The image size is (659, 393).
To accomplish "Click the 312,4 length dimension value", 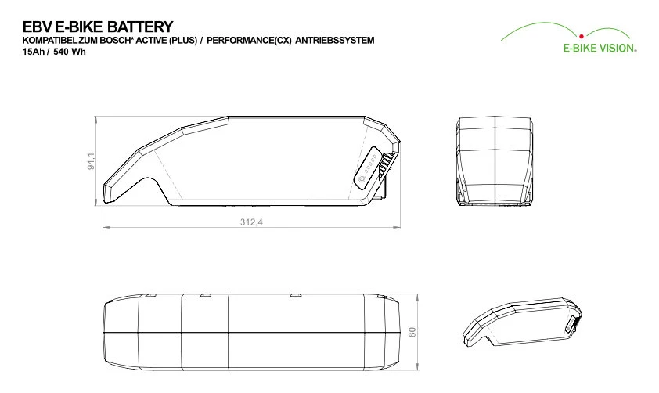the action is (251, 222).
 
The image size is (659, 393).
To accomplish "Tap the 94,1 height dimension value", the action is (92, 161).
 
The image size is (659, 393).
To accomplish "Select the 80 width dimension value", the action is (412, 332).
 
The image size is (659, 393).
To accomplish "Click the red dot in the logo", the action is (582, 37).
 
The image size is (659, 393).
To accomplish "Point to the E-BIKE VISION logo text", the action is (600, 48).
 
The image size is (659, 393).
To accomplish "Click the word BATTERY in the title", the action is (140, 27).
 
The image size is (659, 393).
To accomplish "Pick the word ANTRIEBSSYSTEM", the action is (334, 41).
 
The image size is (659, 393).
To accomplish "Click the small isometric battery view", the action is (522, 323).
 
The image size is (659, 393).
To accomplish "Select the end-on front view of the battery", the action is (495, 162).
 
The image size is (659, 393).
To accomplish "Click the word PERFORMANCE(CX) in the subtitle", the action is (249, 41).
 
